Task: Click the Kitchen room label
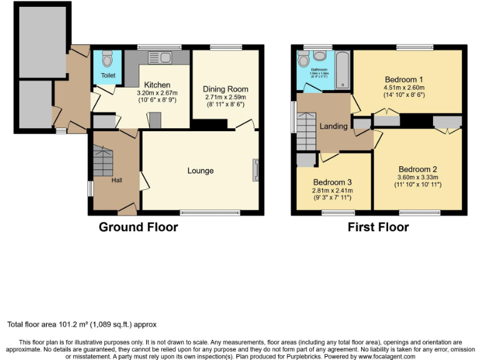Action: click(153, 85)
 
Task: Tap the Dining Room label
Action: click(226, 89)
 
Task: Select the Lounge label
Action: click(200, 171)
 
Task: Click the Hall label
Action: click(117, 181)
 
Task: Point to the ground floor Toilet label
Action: click(108, 76)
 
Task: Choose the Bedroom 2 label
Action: click(418, 169)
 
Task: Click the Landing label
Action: click(333, 126)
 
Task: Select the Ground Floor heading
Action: click(138, 227)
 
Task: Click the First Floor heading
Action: click(378, 227)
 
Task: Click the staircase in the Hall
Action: click(102, 161)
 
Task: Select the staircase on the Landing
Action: click(307, 131)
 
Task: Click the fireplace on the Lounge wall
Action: click(255, 170)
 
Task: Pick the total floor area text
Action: click(82, 324)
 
